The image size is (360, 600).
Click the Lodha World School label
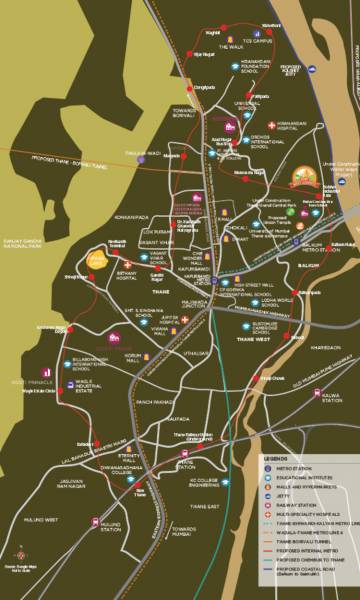pyautogui.click(x=252, y=301)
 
